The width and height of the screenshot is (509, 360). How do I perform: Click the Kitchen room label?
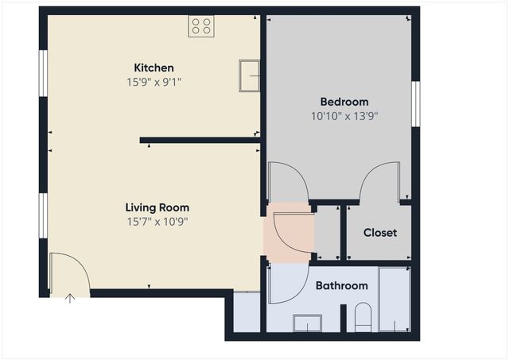point(153,68)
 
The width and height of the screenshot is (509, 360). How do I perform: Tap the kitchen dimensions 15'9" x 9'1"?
point(153,81)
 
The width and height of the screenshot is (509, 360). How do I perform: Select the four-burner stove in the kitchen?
point(200,26)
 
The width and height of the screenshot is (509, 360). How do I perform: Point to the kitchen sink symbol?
point(250,75)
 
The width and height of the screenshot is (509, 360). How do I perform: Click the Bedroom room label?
point(344,102)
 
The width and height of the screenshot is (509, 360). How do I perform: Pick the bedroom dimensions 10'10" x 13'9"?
point(344,115)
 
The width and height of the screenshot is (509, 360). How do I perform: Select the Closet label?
point(380,233)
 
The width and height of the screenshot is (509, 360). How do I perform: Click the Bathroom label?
point(342,285)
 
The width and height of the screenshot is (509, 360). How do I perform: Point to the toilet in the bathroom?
point(363,317)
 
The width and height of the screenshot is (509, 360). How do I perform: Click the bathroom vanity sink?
point(308,323)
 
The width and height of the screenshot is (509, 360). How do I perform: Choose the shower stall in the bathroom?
point(394,299)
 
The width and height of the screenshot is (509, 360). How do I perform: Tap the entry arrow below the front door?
point(70,299)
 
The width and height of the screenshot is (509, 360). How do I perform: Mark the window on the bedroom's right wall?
point(414,103)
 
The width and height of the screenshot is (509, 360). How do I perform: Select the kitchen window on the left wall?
point(43,74)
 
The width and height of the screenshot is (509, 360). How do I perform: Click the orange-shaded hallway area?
point(288,230)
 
